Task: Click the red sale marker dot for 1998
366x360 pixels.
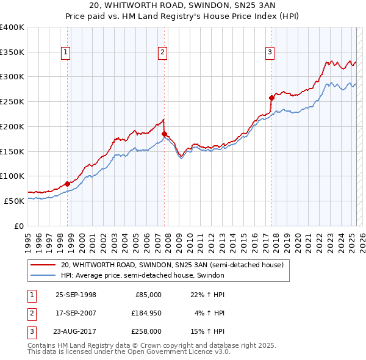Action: click(x=68, y=183)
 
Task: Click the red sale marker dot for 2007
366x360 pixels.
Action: click(x=164, y=134)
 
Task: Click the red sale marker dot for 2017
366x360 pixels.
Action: click(x=271, y=97)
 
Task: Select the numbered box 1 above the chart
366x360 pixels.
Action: click(x=65, y=53)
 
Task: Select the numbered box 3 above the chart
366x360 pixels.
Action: click(x=270, y=53)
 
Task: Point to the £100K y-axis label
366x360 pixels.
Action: click(x=12, y=176)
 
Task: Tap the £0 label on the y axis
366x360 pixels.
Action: click(x=19, y=225)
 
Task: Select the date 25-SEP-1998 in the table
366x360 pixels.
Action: click(x=76, y=295)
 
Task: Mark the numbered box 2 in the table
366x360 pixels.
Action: click(x=31, y=313)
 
